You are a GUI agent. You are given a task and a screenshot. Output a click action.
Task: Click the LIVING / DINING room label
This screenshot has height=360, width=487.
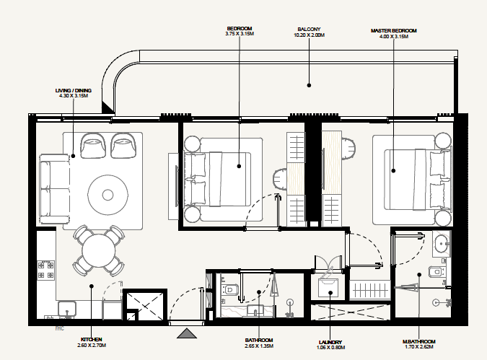(x=72, y=91)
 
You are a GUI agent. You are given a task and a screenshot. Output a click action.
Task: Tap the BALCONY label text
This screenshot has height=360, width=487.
(x=310, y=30)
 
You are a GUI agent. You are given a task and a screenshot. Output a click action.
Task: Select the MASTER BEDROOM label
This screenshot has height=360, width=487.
(x=394, y=30)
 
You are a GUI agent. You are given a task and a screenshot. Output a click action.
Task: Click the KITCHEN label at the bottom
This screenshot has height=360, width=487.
(x=91, y=338)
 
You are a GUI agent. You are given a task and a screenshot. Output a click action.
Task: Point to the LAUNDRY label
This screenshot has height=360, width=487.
(x=329, y=342)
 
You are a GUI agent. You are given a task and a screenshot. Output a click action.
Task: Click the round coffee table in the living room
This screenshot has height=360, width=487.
(x=108, y=194)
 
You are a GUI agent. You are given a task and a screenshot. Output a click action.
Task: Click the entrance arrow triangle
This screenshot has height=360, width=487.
(x=186, y=333)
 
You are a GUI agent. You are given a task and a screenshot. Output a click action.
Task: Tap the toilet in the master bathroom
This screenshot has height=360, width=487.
(x=435, y=271)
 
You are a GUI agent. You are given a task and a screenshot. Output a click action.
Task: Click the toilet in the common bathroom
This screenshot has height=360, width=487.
(x=230, y=290)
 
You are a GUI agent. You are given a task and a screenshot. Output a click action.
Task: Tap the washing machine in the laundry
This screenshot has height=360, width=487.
(x=329, y=287)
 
